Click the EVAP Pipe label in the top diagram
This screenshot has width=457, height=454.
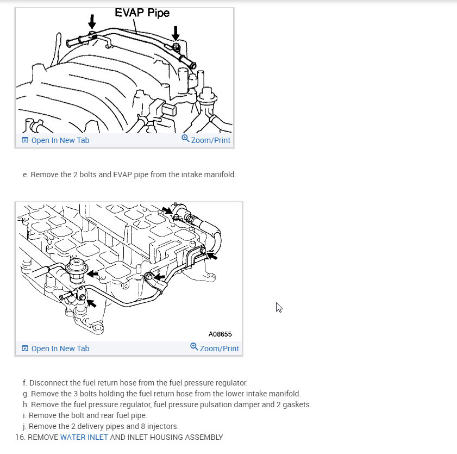click(x=142, y=13)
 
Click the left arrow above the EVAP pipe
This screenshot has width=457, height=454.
click(x=92, y=22)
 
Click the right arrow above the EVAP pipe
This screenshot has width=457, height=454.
click(x=176, y=33)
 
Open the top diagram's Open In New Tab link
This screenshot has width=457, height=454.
click(x=60, y=140)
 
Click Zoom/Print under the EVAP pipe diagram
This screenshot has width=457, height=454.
click(x=210, y=140)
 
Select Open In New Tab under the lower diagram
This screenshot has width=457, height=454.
click(x=60, y=349)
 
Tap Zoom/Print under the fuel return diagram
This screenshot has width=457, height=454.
click(x=219, y=349)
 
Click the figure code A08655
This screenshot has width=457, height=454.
click(x=220, y=334)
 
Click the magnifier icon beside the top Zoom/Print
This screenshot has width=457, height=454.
click(x=185, y=139)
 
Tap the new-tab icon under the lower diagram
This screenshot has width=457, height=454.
click(x=24, y=349)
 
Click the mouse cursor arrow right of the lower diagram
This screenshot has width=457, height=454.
click(x=279, y=307)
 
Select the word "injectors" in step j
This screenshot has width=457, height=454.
click(x=163, y=426)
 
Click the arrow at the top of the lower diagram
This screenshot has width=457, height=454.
click(x=167, y=210)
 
